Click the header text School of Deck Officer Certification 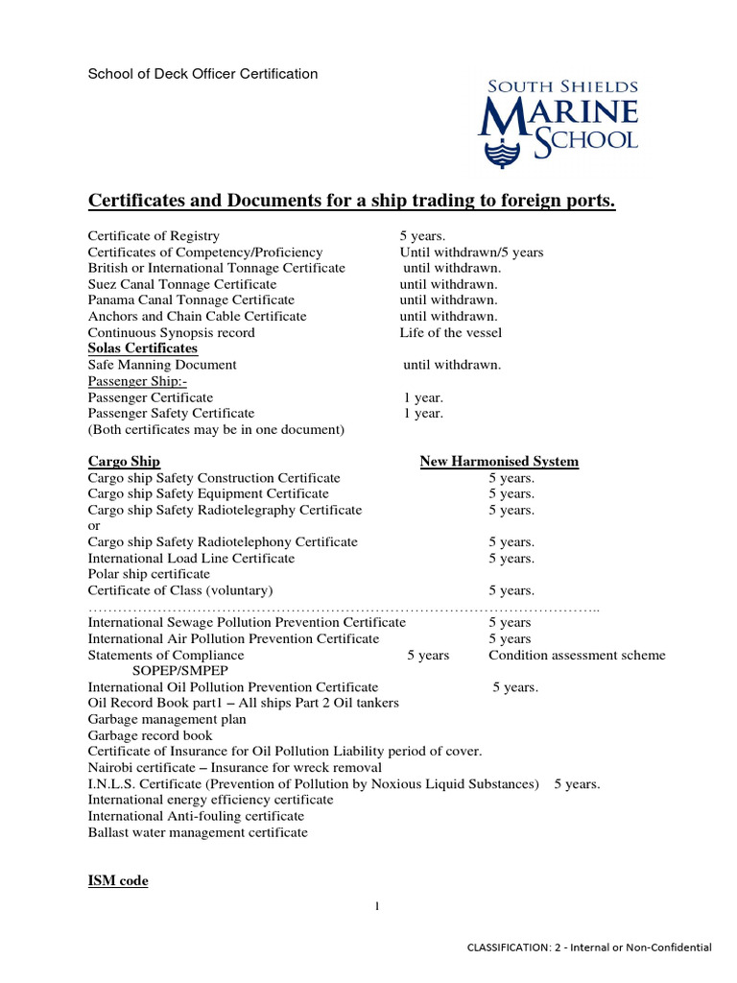[203, 74]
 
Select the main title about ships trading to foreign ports [351, 200]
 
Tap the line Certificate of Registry [154, 235]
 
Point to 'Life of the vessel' [451, 332]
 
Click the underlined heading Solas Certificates [143, 348]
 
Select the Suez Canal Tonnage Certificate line [182, 284]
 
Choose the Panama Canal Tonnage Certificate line [191, 300]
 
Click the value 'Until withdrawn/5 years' [471, 252]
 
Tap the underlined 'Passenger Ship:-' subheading [137, 381]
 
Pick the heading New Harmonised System [499, 462]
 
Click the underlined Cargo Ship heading [124, 462]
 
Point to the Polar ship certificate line [149, 574]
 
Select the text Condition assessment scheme [577, 656]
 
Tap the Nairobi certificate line [234, 767]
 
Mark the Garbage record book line [151, 735]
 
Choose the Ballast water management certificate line [198, 832]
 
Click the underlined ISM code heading [118, 880]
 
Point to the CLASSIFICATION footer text [588, 947]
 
